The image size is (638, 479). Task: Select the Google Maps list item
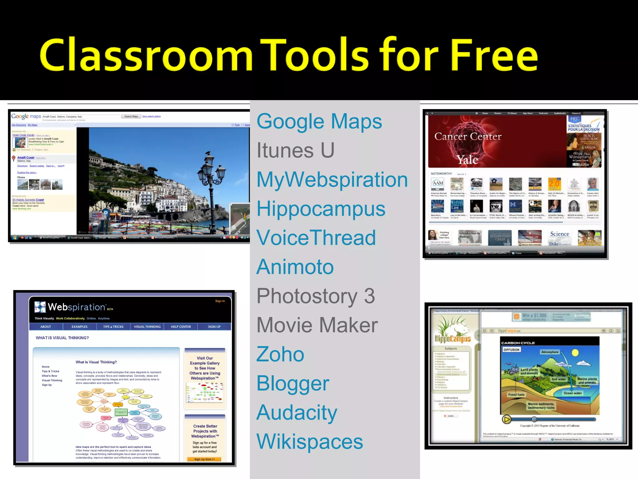click(319, 122)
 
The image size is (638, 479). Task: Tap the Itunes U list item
click(295, 151)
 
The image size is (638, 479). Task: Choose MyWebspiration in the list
click(332, 180)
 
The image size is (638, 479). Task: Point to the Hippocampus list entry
click(321, 209)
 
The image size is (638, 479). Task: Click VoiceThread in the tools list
click(316, 238)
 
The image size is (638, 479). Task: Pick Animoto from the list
click(295, 267)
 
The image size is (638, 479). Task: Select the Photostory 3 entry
click(316, 296)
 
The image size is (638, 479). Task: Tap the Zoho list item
click(280, 355)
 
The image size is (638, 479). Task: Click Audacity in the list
click(297, 413)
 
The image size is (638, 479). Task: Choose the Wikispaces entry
click(310, 442)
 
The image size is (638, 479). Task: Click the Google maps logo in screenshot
click(26, 117)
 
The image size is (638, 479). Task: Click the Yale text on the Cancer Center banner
click(467, 160)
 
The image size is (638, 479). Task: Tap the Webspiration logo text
click(76, 307)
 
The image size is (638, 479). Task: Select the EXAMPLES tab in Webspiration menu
click(79, 327)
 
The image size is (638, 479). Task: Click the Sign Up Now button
click(204, 459)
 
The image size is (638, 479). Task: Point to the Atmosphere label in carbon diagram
click(550, 352)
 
